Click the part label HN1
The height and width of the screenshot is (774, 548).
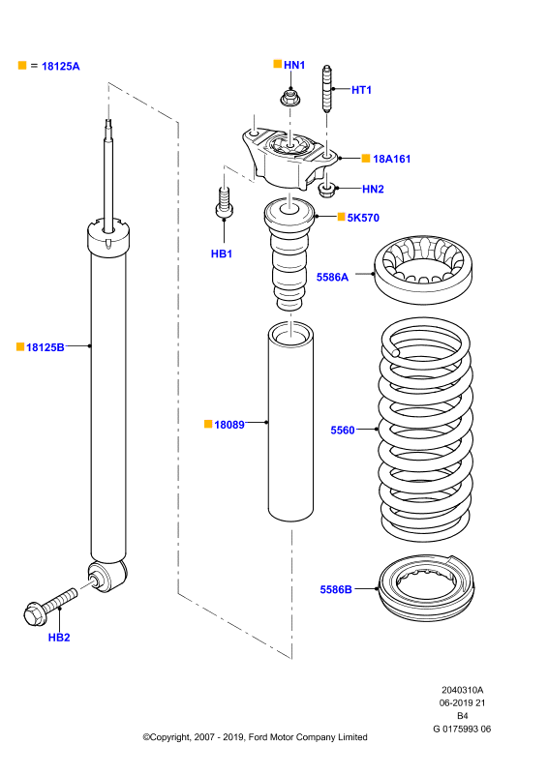pyautogui.click(x=294, y=65)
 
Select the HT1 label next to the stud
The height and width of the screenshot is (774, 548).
pyautogui.click(x=361, y=90)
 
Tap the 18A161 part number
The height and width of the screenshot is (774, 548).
pyautogui.click(x=391, y=159)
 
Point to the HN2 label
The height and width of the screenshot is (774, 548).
pyautogui.click(x=373, y=189)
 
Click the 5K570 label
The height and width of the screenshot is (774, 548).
pyautogui.click(x=363, y=218)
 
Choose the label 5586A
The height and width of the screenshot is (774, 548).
pyautogui.click(x=332, y=278)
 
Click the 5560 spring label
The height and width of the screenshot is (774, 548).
pyautogui.click(x=343, y=431)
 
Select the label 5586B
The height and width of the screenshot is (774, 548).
pyautogui.click(x=336, y=589)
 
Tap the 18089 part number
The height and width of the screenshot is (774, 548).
pyautogui.click(x=229, y=425)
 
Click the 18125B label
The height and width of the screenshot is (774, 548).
pyautogui.click(x=45, y=347)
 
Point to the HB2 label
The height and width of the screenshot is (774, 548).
pyautogui.click(x=59, y=638)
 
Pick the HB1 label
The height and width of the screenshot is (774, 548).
pyautogui.click(x=222, y=253)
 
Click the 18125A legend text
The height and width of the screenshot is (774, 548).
pyautogui.click(x=60, y=66)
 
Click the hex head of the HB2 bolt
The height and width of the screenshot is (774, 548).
pyautogui.click(x=35, y=614)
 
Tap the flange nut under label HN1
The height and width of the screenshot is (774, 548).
pyautogui.click(x=290, y=98)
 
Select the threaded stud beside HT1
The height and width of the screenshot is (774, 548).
pyautogui.click(x=326, y=89)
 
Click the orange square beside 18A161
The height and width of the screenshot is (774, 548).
pyautogui.click(x=366, y=158)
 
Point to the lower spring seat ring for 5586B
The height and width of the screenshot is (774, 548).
pyautogui.click(x=426, y=587)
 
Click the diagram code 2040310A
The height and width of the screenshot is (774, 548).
pyautogui.click(x=463, y=690)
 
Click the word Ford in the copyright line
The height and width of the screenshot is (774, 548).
pyautogui.click(x=258, y=737)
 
